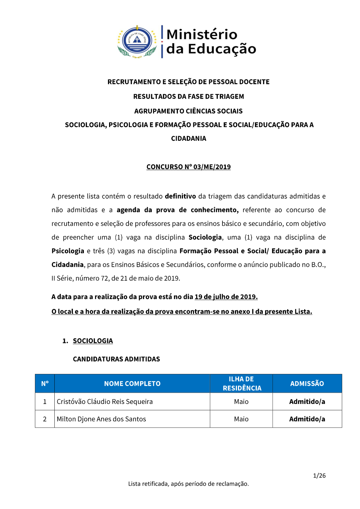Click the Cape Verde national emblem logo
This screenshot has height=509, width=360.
(x=137, y=41)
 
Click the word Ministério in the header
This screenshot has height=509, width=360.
(x=202, y=35)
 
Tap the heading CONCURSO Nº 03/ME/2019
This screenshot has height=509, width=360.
(x=188, y=167)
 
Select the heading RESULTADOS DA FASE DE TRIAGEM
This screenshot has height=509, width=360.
(x=188, y=96)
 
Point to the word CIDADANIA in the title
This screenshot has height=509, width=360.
(x=188, y=139)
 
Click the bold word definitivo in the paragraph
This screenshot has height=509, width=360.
(x=180, y=196)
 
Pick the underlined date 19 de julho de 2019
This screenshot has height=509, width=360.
(x=226, y=297)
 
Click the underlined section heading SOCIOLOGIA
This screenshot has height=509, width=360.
(x=93, y=341)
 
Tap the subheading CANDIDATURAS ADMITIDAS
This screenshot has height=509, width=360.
(x=116, y=359)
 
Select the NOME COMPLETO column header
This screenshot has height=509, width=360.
(x=132, y=384)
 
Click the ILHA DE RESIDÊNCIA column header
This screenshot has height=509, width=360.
(x=241, y=383)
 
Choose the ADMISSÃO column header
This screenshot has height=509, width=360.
(x=307, y=384)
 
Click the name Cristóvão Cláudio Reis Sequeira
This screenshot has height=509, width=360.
(x=105, y=402)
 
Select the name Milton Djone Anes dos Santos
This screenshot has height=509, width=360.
(x=102, y=419)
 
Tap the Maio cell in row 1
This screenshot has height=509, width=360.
(x=241, y=402)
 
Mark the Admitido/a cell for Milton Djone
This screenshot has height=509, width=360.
(x=307, y=419)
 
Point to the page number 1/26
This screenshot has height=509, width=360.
(x=319, y=476)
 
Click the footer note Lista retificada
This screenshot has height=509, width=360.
(x=188, y=484)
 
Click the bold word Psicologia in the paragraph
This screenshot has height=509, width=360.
(x=68, y=251)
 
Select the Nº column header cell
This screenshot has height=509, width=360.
(x=45, y=384)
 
